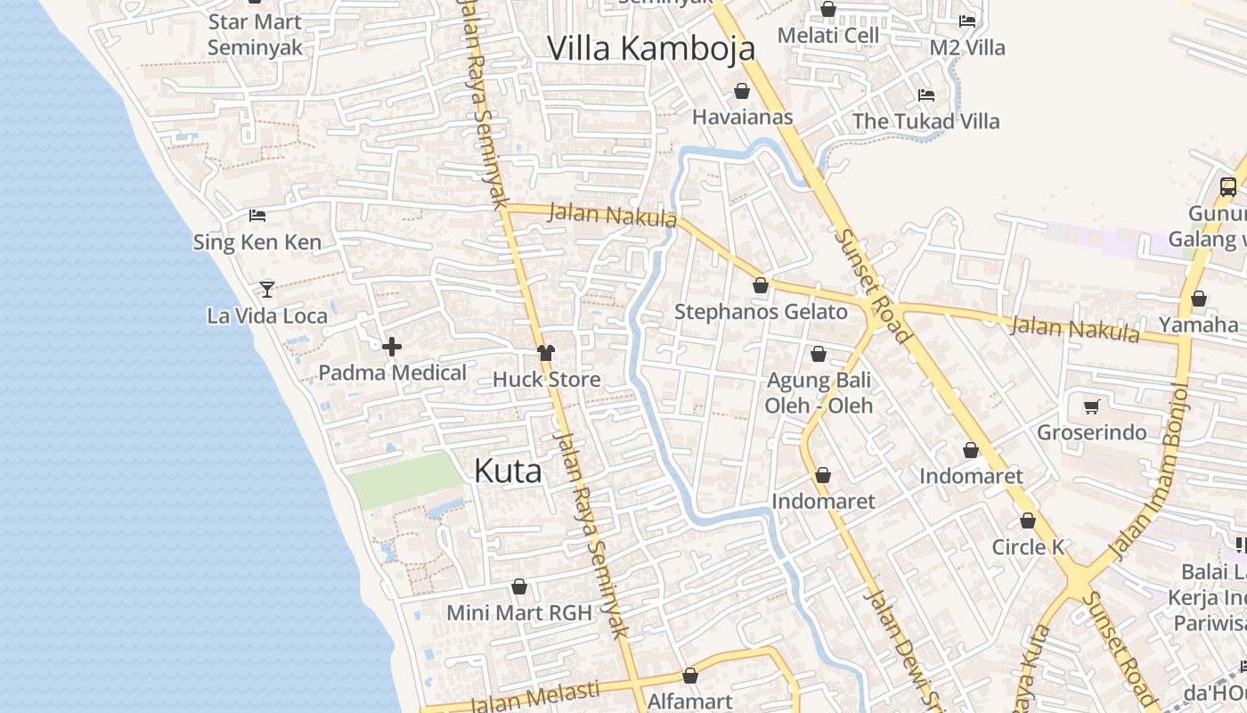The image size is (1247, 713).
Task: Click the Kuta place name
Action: click(508, 471)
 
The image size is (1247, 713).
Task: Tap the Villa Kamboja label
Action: click(651, 48)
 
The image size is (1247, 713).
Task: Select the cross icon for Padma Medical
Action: click(391, 347)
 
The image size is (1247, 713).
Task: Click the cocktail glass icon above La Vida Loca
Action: click(266, 289)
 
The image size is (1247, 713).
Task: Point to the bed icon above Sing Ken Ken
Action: click(257, 215)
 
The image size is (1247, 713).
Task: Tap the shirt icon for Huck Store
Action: click(546, 353)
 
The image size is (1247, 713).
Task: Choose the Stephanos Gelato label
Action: click(761, 312)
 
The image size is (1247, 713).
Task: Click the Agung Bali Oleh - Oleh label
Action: click(819, 393)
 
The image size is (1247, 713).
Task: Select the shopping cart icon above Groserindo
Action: click(1092, 406)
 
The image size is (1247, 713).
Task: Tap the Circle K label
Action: click(1029, 546)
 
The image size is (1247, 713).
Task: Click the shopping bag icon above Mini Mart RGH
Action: click(519, 586)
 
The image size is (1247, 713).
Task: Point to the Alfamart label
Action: click(689, 701)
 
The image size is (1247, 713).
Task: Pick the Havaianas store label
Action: click(742, 117)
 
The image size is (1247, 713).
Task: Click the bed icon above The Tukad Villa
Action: click(926, 94)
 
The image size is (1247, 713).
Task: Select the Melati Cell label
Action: click(828, 36)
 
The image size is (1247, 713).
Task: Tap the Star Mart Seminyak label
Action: click(255, 35)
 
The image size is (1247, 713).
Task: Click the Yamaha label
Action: click(1198, 324)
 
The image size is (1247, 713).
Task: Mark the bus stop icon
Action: click(1228, 186)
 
